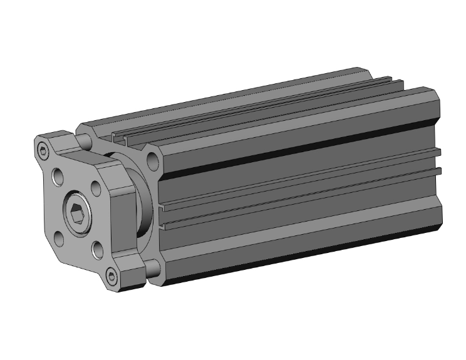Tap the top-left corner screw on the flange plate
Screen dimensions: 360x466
point(43,151)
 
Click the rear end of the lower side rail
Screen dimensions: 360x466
point(438,171)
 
